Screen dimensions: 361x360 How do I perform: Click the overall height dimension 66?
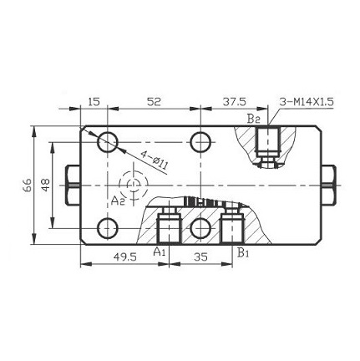click(x=27, y=184)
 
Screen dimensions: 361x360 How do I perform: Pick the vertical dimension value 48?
click(x=47, y=184)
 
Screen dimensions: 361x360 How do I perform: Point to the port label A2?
click(x=119, y=200)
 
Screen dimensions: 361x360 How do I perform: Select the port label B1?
click(x=242, y=250)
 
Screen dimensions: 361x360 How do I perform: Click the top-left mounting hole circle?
click(x=108, y=142)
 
